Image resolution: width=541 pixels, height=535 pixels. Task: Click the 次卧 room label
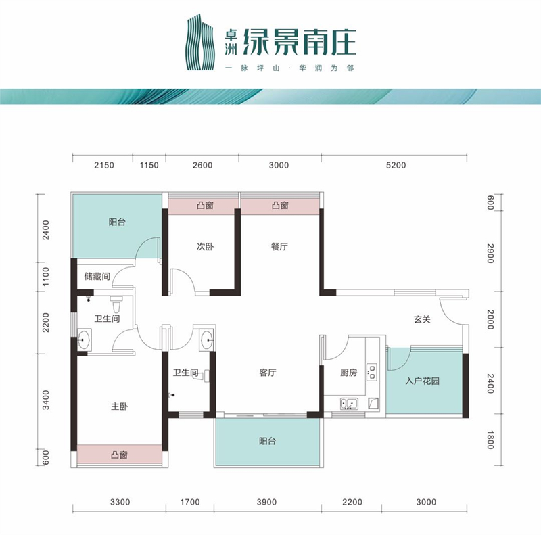(x=205, y=246)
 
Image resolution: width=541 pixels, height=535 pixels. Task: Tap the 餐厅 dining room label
(x=279, y=246)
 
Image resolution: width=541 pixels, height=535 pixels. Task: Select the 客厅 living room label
(x=268, y=373)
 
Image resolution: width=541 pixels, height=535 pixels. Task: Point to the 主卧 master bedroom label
(x=120, y=406)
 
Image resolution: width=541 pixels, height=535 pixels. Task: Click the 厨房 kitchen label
(x=348, y=373)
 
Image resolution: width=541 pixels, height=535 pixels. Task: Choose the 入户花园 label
(x=422, y=381)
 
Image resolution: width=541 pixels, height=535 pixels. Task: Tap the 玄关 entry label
(x=422, y=319)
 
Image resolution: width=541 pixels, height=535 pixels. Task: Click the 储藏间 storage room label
(x=97, y=276)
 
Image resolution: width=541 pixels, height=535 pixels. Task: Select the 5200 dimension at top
(x=396, y=165)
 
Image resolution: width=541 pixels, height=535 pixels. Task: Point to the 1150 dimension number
(x=149, y=165)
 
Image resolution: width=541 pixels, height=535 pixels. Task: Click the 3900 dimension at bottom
(x=266, y=502)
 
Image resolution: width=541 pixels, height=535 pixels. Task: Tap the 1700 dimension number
(x=190, y=502)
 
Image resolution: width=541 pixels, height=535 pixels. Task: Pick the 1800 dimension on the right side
(x=490, y=440)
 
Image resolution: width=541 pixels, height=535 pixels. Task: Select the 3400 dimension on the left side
(x=45, y=400)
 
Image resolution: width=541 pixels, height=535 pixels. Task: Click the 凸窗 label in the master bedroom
(x=120, y=455)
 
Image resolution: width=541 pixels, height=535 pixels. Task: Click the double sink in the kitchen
(x=349, y=403)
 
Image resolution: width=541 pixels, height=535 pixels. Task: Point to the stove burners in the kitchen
(x=371, y=372)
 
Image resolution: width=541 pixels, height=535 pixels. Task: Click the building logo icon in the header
(x=199, y=42)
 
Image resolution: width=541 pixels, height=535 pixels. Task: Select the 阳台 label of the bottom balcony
(x=268, y=441)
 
